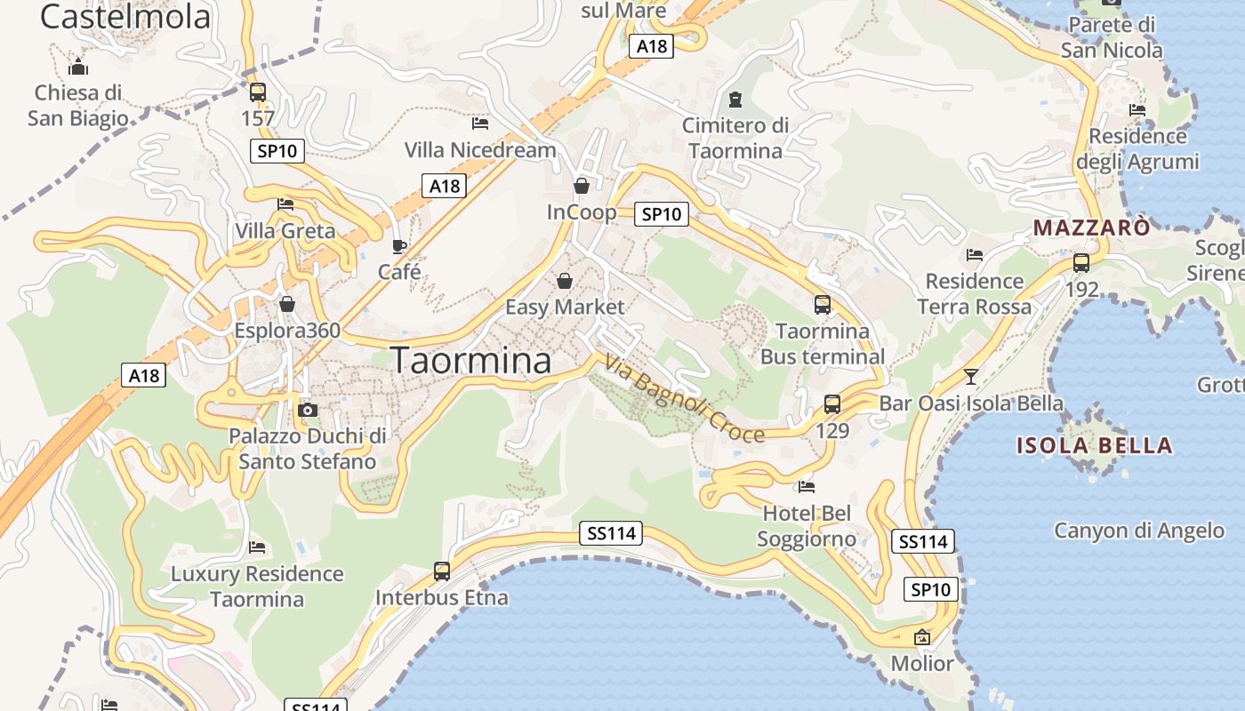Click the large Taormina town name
[470, 361]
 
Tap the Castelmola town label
[125, 16]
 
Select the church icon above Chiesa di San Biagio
[78, 67]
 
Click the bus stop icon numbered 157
[258, 92]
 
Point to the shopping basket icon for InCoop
[582, 186]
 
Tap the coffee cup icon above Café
[399, 245]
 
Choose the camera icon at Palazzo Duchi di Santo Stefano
[308, 410]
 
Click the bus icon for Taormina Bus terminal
[823, 305]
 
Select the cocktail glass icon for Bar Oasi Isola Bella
[971, 376]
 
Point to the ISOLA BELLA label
[1095, 445]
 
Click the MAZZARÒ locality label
[1092, 228]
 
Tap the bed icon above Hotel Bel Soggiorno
[807, 486]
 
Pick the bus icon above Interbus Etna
[442, 571]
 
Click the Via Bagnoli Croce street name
[684, 398]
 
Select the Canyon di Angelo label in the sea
[1139, 531]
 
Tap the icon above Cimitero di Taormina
[735, 99]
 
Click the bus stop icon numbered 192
[1081, 263]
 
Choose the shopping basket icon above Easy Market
[565, 282]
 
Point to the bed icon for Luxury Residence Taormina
[257, 547]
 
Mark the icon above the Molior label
[922, 637]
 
